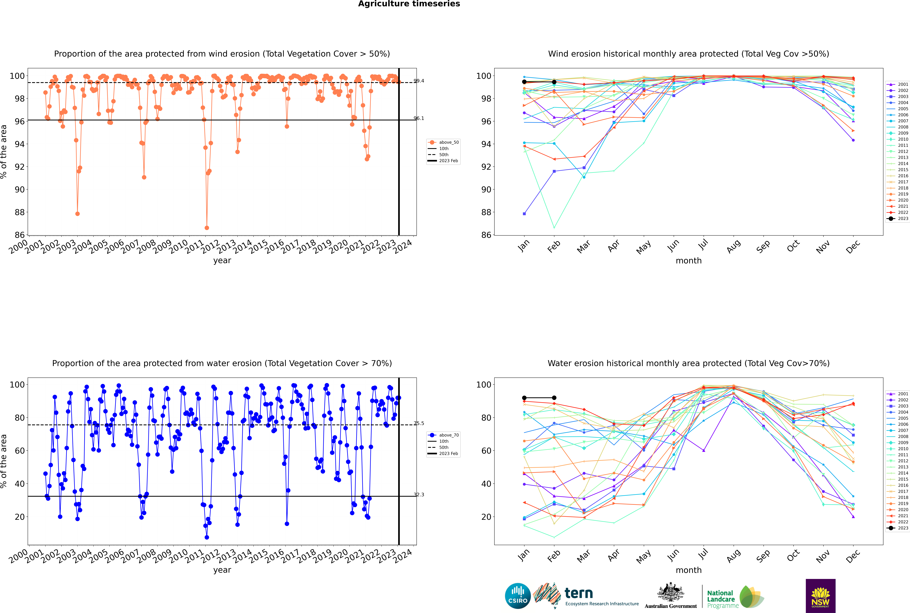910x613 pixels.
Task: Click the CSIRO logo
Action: (x=518, y=596)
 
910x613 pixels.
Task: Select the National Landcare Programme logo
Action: (x=735, y=597)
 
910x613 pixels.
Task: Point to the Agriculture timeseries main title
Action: (x=409, y=4)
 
